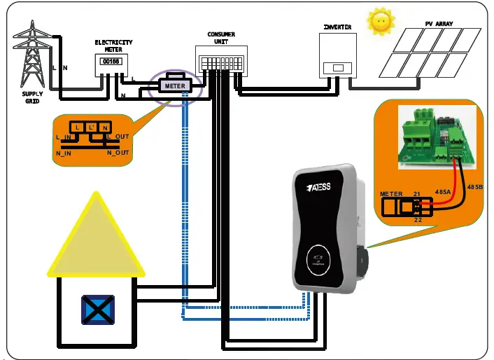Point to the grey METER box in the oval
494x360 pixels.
click(174, 86)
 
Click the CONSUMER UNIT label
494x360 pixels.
click(221, 39)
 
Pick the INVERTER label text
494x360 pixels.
click(337, 27)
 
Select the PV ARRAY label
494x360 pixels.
click(439, 24)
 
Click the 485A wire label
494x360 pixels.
click(442, 191)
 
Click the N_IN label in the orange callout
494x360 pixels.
click(65, 152)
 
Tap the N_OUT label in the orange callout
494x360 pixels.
click(117, 151)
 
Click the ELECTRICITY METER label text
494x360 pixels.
click(113, 46)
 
